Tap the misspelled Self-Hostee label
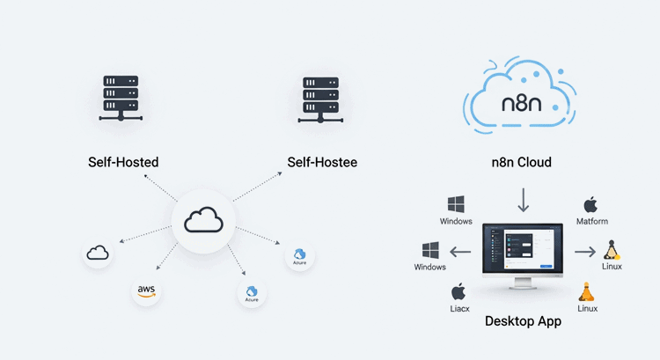coord(322,162)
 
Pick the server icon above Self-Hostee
coord(320,97)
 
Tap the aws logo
coord(147,290)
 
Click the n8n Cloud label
coord(524,162)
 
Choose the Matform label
coord(591,221)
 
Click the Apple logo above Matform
coord(591,204)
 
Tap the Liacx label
coord(458,309)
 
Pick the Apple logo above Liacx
coord(458,292)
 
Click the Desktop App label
coord(523,321)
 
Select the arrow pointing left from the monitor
coord(461,252)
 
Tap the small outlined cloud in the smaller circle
coord(98,253)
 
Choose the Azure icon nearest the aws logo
coord(252,293)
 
